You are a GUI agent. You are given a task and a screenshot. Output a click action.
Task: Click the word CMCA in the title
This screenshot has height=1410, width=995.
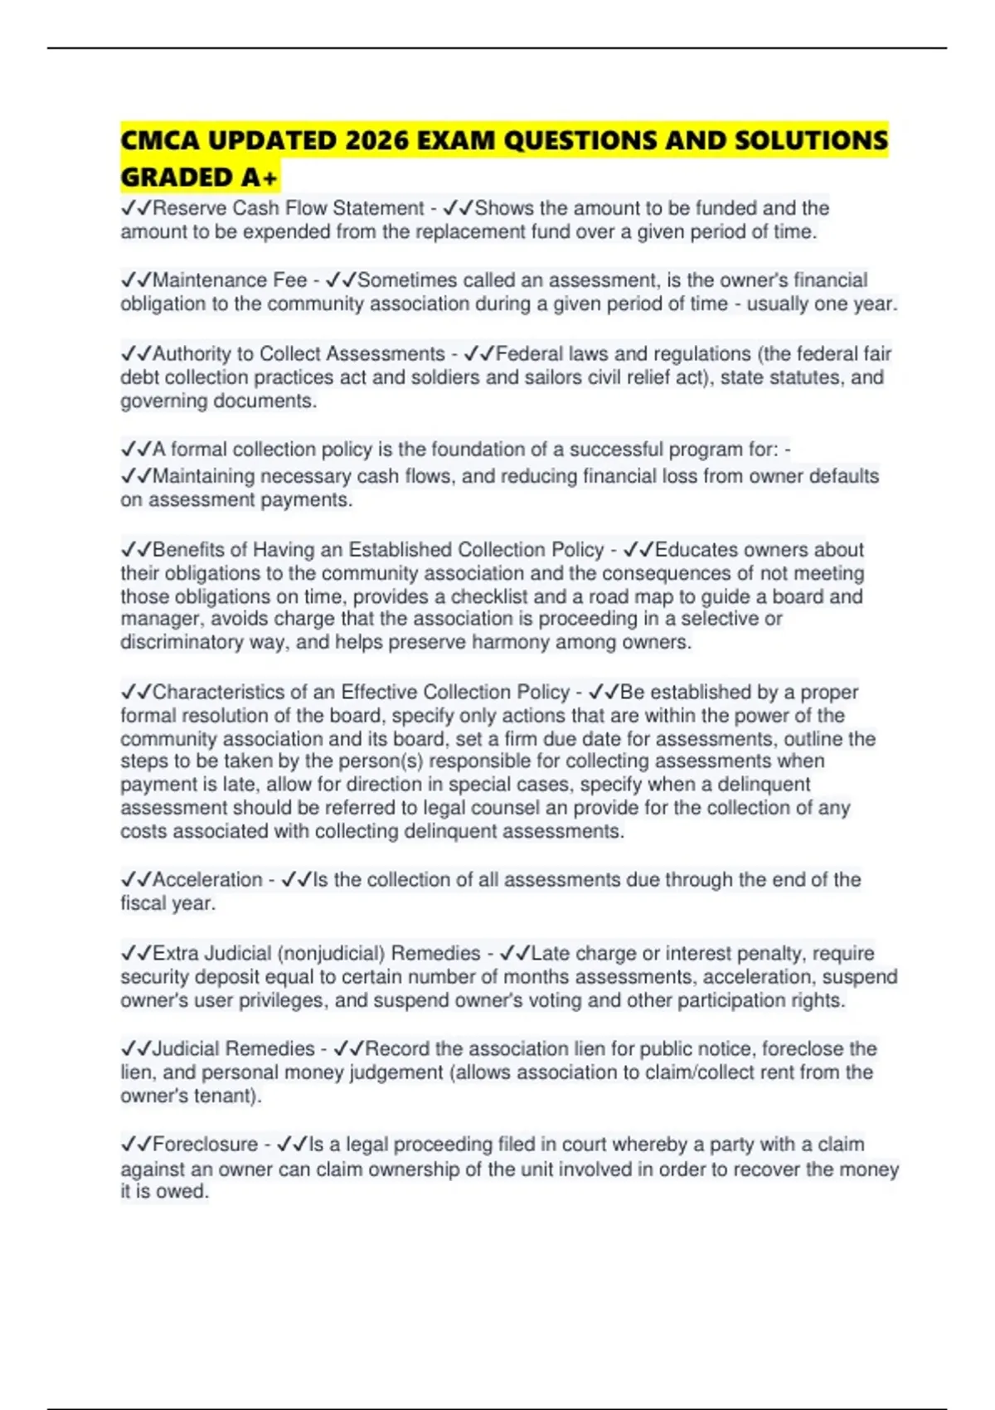click(x=159, y=140)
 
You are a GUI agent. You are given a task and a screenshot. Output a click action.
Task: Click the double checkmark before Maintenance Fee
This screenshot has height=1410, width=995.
click(x=136, y=280)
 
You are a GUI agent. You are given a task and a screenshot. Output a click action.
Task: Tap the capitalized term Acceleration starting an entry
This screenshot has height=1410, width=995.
click(x=207, y=880)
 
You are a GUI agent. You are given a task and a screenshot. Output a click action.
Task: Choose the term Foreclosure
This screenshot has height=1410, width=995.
click(x=205, y=1145)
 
